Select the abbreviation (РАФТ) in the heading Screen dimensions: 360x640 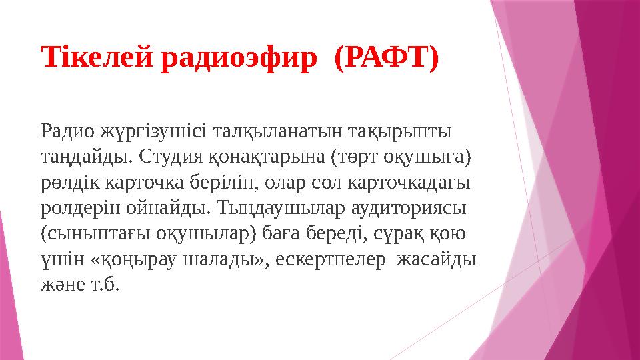pos(386,58)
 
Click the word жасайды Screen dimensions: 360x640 pos(437,261)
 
